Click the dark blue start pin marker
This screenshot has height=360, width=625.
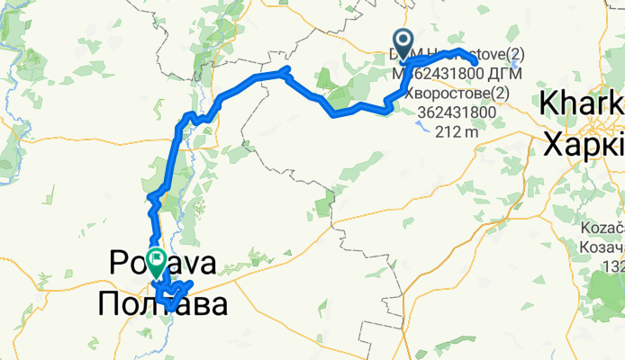[x=401, y=41]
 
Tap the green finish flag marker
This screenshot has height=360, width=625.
[x=156, y=262]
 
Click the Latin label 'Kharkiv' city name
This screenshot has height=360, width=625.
[x=582, y=105]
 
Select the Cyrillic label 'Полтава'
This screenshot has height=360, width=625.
[x=162, y=303]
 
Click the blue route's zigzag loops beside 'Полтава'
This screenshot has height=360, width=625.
[x=177, y=292]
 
